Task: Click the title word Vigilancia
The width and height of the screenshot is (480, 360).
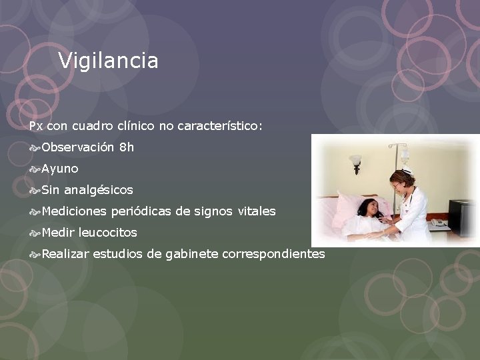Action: [x=108, y=61]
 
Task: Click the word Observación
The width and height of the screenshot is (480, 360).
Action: [x=77, y=147]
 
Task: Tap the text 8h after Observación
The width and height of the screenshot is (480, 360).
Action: [x=127, y=147]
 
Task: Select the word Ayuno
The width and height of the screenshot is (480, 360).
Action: [x=60, y=169]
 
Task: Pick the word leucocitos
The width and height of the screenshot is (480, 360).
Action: [x=108, y=233]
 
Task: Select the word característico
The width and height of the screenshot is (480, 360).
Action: [x=220, y=125]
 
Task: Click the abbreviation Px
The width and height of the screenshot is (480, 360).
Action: [x=36, y=126]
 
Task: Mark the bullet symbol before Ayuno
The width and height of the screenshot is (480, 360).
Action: [x=35, y=169]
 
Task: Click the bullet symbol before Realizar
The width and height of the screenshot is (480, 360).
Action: [x=35, y=254]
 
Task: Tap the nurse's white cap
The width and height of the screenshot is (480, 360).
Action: [x=406, y=171]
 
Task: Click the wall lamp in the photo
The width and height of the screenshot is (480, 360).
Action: [x=356, y=162]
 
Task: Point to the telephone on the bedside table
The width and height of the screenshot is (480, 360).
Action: [x=438, y=222]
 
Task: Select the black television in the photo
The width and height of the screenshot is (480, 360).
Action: [x=462, y=217]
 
